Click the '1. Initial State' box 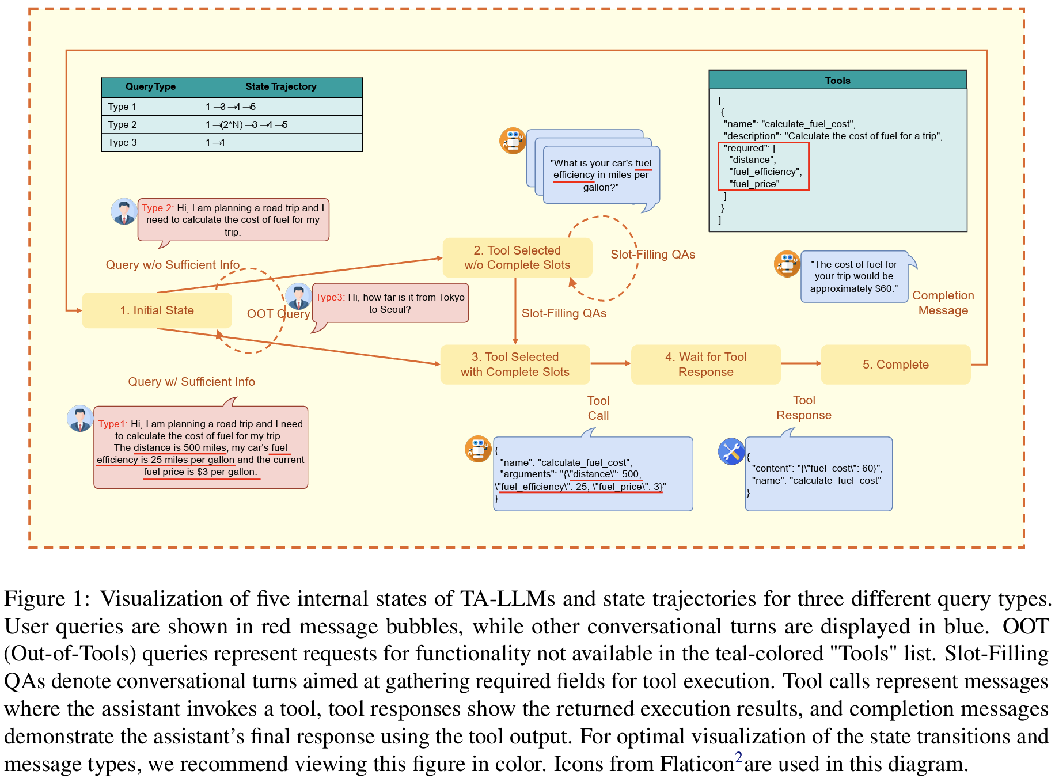(157, 310)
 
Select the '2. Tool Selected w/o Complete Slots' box (517, 257)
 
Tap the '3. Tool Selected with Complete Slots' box (515, 365)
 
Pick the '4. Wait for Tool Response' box (705, 365)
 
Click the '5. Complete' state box (895, 365)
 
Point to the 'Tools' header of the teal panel (837, 81)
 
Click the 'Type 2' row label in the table (123, 124)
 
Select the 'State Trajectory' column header (281, 87)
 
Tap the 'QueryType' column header (150, 87)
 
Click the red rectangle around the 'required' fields (763, 166)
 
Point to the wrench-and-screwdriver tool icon (731, 451)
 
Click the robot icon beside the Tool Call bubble (478, 449)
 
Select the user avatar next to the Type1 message (80, 419)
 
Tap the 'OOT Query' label (278, 314)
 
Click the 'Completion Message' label (943, 303)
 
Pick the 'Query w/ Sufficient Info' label (191, 382)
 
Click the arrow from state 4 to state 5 (800, 363)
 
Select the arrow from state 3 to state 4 (610, 363)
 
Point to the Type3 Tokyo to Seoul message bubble (390, 303)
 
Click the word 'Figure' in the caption (34, 599)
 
